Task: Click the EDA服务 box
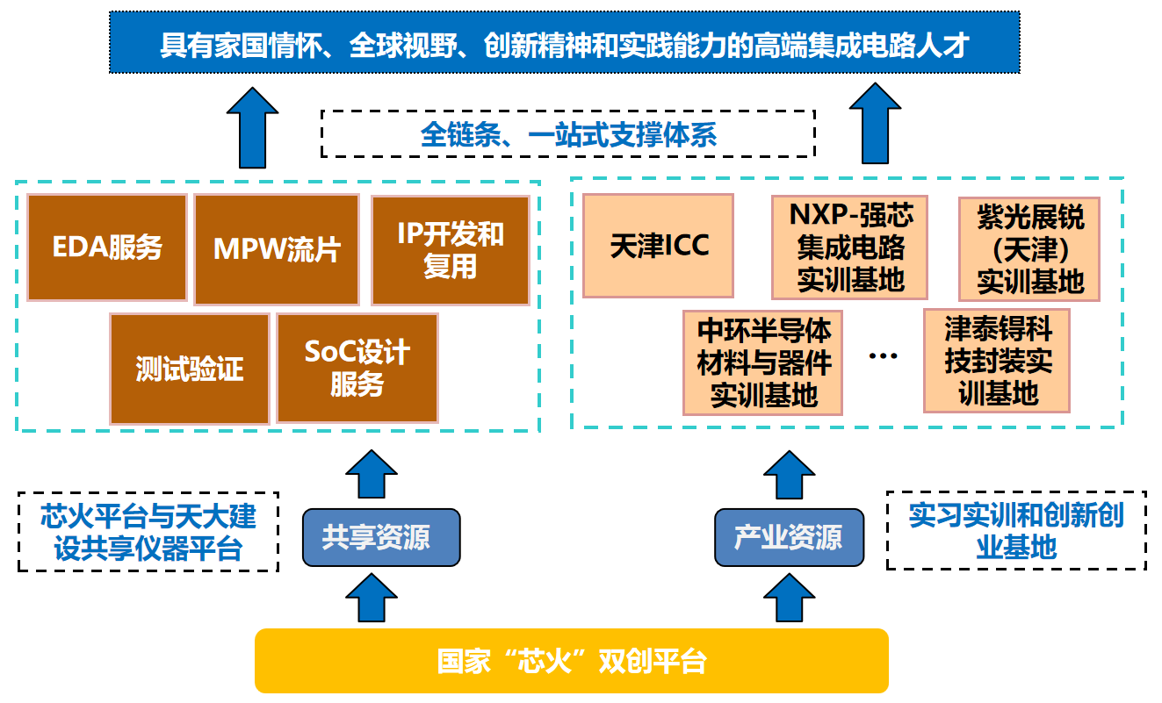(107, 248)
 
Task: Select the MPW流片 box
(277, 250)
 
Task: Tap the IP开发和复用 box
(451, 250)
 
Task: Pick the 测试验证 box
(190, 368)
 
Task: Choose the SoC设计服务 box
(357, 368)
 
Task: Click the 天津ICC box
(659, 246)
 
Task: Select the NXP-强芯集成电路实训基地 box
(850, 247)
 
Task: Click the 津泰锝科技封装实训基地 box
(997, 361)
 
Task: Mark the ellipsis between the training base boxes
(883, 355)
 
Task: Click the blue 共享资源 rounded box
(381, 537)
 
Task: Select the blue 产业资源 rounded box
(789, 537)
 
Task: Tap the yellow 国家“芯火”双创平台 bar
(572, 661)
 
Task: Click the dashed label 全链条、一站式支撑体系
(568, 134)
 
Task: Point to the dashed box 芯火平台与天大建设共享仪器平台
(148, 532)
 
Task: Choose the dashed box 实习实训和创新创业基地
(1016, 532)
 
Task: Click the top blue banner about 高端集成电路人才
(564, 42)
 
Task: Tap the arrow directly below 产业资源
(789, 598)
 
